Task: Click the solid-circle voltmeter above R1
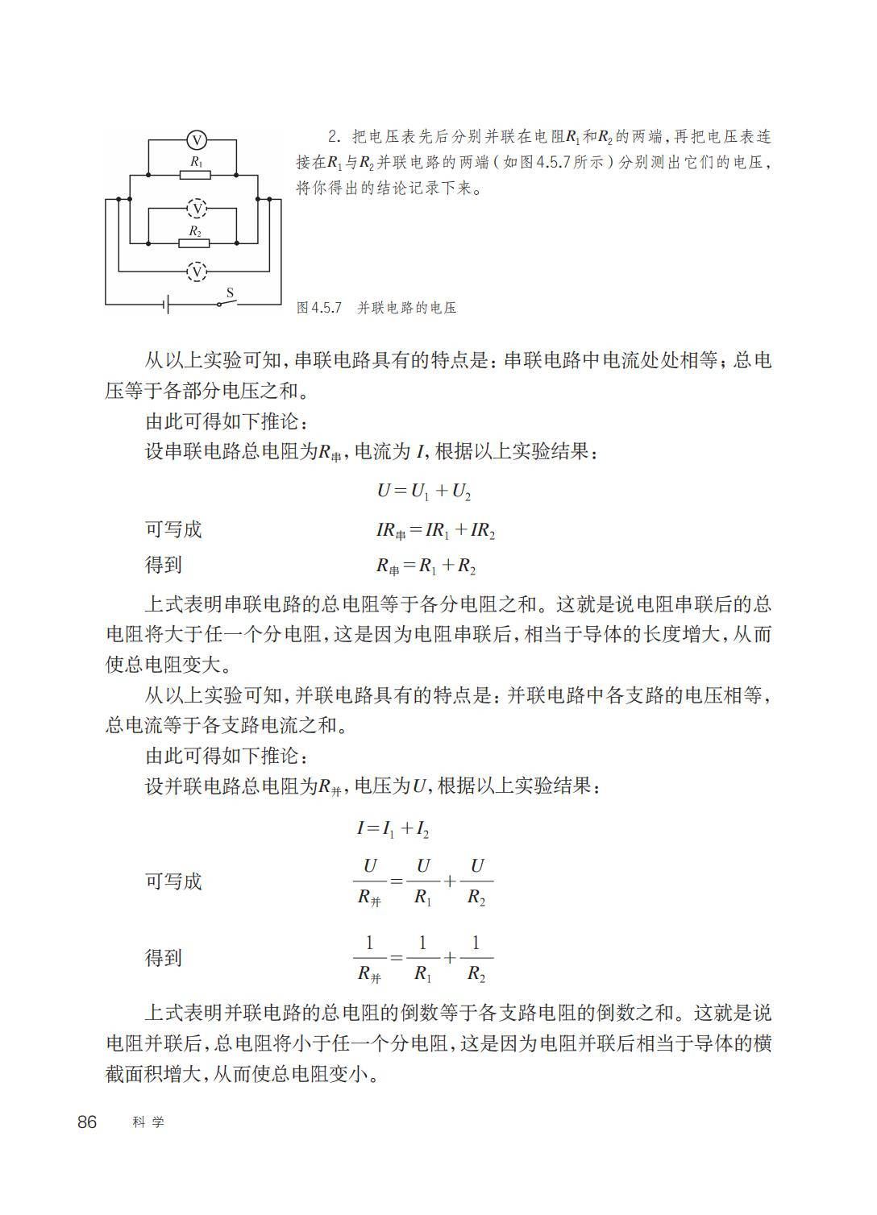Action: coord(196,140)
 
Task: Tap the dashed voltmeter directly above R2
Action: coord(196,209)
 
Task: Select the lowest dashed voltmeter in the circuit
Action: coord(196,272)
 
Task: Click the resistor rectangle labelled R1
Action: coord(195,174)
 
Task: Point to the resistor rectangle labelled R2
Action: coord(195,243)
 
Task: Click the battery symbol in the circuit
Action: coord(166,304)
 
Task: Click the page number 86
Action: coord(87,1122)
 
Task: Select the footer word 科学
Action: coord(148,1122)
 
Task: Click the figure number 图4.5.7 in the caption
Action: coord(320,308)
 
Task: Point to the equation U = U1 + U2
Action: coord(423,491)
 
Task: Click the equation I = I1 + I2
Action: coord(393,827)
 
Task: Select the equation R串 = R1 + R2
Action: coord(426,566)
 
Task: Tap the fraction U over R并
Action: coord(369,881)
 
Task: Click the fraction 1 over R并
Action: coord(369,958)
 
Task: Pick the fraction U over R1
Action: coord(423,881)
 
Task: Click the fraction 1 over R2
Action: coord(476,958)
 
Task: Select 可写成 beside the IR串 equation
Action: coord(173,529)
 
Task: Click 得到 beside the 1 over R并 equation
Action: coord(164,958)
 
